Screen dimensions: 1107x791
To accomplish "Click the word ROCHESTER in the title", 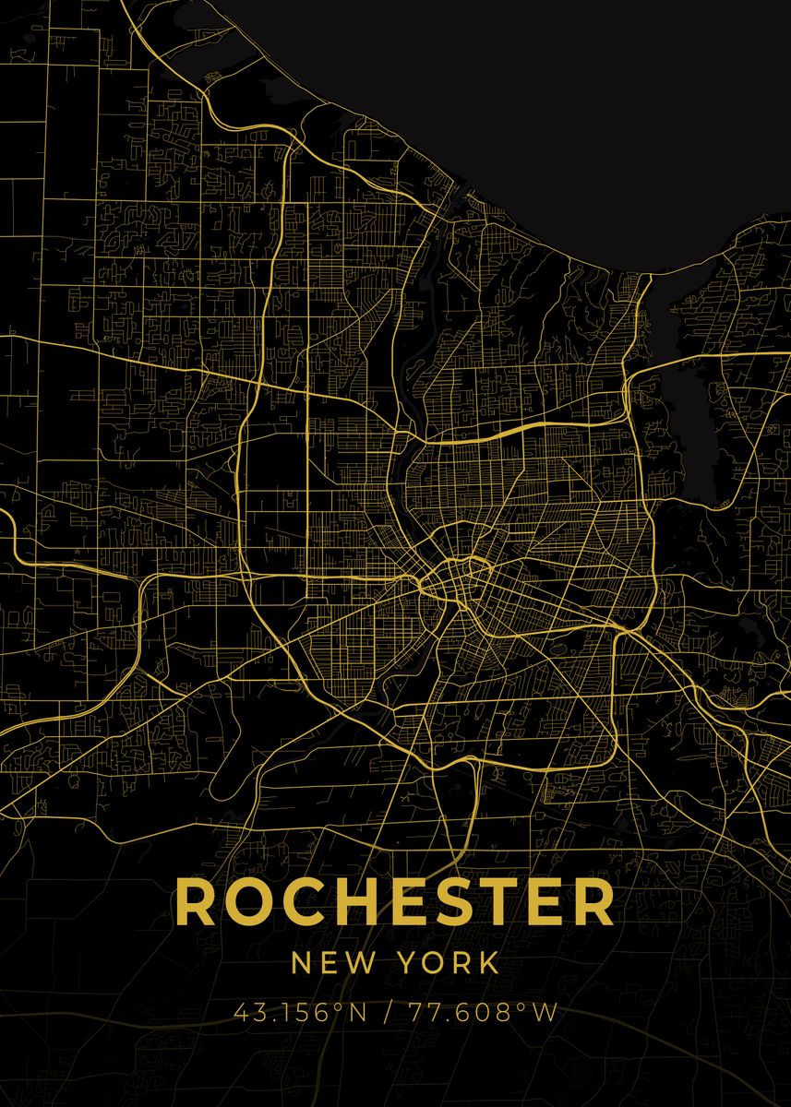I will coord(394,902).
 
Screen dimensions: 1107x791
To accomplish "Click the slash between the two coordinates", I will coord(385,1013).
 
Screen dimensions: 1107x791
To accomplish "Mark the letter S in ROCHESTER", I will coord(441,902).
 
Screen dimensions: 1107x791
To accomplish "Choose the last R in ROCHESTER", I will coord(592,902).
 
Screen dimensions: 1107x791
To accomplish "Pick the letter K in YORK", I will coord(487,964).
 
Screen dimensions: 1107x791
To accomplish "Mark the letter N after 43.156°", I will coord(357,1013).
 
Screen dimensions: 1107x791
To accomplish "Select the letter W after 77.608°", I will coord(545,1013).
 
